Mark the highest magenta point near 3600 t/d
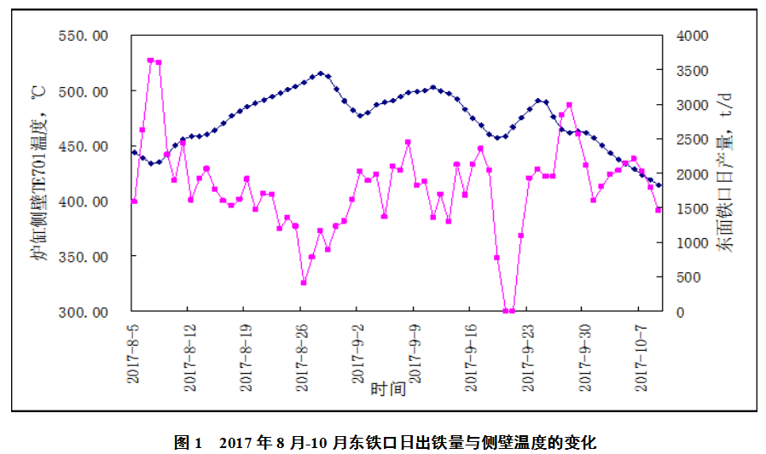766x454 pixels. (x=151, y=61)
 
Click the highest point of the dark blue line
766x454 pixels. (x=321, y=73)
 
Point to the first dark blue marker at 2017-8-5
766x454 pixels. (x=134, y=153)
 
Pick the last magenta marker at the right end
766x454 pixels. (x=658, y=210)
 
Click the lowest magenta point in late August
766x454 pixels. (x=304, y=282)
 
